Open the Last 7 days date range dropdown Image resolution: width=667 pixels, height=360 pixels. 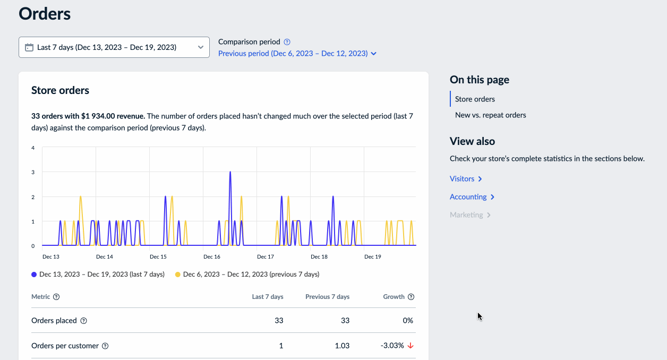point(114,47)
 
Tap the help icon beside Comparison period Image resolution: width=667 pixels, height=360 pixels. point(287,42)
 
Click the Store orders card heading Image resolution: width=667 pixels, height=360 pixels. point(60,90)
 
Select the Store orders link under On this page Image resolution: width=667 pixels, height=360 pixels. point(475,99)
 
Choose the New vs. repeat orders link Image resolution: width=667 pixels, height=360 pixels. point(490,115)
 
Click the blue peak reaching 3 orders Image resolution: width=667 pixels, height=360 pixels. point(230,173)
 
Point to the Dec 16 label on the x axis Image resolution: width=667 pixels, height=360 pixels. point(212,257)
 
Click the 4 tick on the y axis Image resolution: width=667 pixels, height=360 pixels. point(33,148)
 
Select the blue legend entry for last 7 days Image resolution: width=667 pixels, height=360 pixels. point(98,275)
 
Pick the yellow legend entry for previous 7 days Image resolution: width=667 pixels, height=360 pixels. point(247,275)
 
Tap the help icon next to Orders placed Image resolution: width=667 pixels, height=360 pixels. point(83,321)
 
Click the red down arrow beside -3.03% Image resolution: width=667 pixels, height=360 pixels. point(411,346)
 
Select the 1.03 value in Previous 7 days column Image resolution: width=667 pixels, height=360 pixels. point(342,346)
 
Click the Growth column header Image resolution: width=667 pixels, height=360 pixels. point(394,297)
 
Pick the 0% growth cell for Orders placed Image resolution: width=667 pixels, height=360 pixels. point(407,321)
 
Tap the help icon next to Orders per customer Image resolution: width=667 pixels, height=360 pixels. point(105,346)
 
